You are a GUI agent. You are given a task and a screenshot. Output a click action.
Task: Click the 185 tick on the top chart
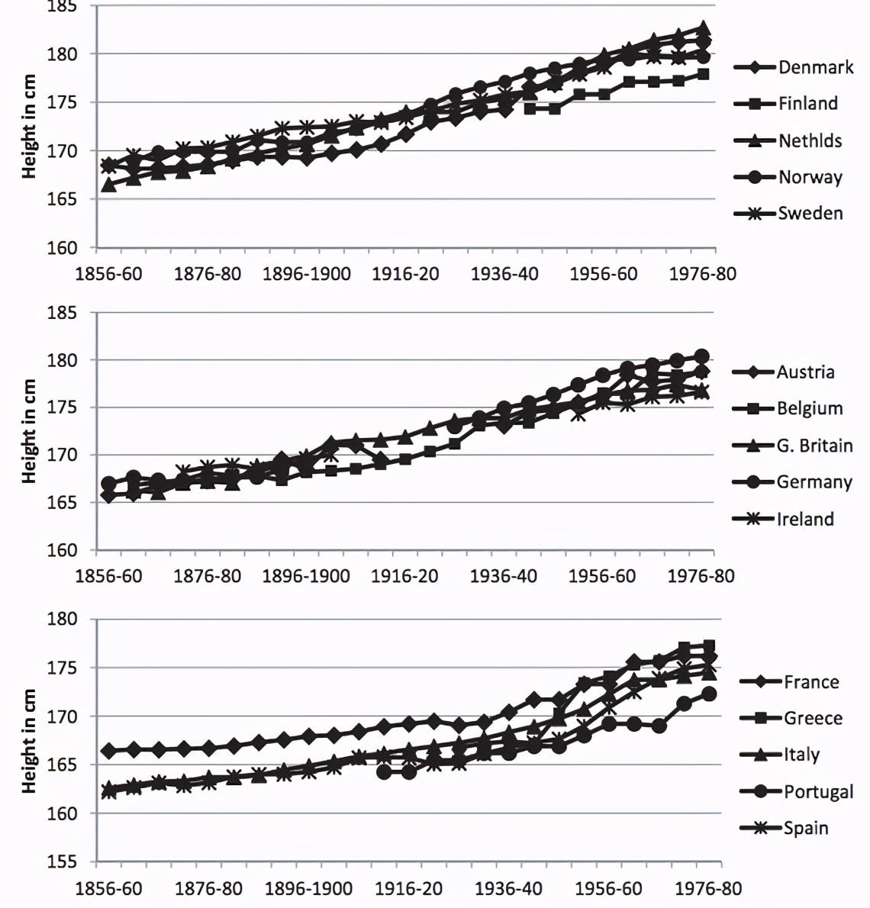click(63, 7)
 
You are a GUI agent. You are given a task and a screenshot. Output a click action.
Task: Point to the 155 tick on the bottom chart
click(63, 862)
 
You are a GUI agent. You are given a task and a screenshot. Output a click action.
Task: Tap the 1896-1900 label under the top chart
click(307, 273)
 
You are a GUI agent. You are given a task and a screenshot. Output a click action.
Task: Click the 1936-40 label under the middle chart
click(503, 575)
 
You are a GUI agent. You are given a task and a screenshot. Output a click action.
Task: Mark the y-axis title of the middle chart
click(30, 431)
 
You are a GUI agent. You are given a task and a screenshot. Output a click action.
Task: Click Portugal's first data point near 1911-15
click(385, 772)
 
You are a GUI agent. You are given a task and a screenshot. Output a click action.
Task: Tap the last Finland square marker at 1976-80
click(703, 74)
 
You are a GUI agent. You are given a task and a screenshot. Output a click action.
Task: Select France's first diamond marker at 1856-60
click(108, 751)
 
